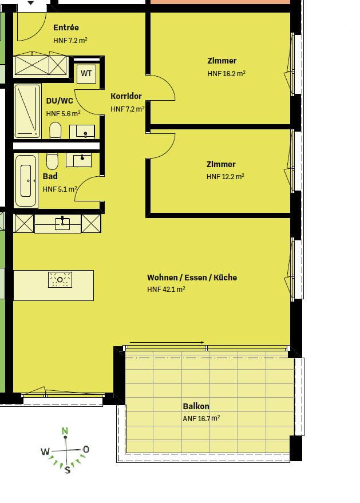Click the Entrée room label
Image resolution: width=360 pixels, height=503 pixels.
[66, 27]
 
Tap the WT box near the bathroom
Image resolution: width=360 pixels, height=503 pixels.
[86, 73]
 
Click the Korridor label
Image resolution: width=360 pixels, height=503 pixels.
[126, 96]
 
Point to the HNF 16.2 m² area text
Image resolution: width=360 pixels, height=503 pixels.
[226, 74]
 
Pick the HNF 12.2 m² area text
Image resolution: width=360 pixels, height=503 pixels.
[225, 177]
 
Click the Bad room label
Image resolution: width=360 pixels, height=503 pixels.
[50, 176]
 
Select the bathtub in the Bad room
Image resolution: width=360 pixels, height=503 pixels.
[26, 181]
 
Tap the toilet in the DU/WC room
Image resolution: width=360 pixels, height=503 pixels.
[56, 130]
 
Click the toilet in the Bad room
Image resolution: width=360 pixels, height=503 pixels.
[52, 161]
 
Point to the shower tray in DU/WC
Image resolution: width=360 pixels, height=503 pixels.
[27, 111]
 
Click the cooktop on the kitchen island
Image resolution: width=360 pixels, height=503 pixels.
[60, 279]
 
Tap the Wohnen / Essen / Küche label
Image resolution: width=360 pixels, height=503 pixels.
[192, 278]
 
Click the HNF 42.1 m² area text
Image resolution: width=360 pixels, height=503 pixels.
[166, 290]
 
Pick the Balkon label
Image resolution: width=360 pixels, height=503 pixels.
[196, 406]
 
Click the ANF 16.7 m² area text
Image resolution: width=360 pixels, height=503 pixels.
[201, 418]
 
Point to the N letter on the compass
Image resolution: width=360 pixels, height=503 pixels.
[65, 431]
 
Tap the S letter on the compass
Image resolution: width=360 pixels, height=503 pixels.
[67, 470]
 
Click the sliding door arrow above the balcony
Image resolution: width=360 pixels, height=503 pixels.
[167, 343]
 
